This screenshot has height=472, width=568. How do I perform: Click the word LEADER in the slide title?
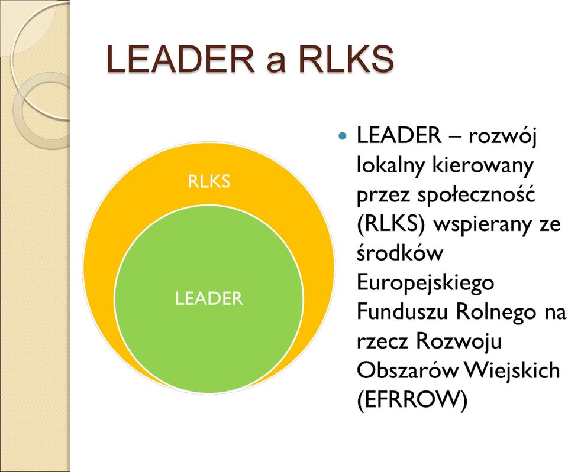[x=181, y=59]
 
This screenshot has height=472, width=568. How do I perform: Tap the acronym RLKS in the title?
[x=346, y=59]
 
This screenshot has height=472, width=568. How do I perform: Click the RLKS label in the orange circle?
[x=209, y=181]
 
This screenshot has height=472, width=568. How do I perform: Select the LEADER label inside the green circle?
[x=209, y=298]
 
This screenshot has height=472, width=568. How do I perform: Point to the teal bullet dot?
[x=341, y=136]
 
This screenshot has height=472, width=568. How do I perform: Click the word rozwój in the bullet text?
[x=502, y=136]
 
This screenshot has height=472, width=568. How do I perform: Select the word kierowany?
[x=483, y=165]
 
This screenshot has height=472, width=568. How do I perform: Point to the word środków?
[x=400, y=253]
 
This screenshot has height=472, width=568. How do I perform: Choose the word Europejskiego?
[x=425, y=283]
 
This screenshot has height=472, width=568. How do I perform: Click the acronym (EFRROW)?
[x=412, y=400]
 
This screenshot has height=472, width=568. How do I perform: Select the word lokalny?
[x=390, y=165]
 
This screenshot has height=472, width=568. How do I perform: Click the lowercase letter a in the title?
[x=276, y=62]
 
